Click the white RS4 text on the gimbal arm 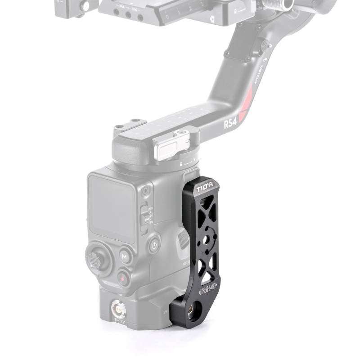point(230,122)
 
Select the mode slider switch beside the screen point(144,215)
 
